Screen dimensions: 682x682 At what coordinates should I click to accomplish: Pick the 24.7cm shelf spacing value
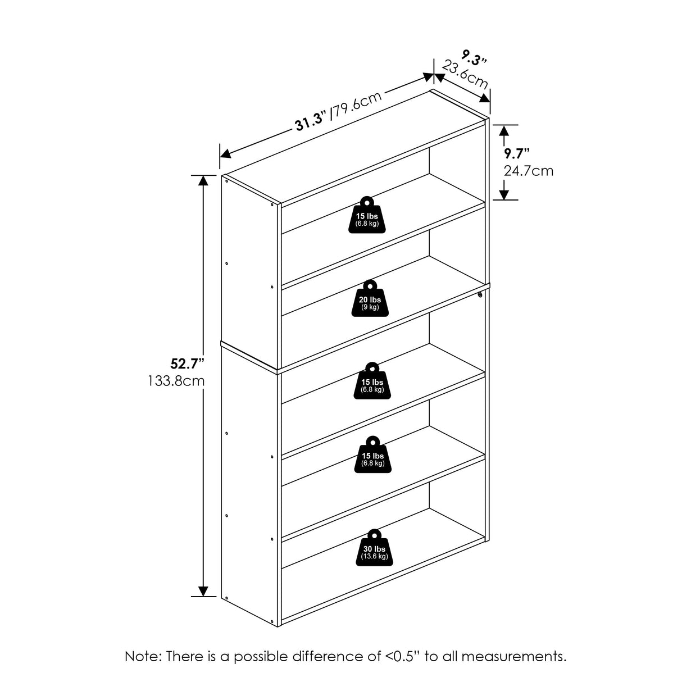[528, 170]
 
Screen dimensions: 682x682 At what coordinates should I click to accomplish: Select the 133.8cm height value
[176, 381]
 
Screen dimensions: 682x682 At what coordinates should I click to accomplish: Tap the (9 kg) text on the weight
[370, 307]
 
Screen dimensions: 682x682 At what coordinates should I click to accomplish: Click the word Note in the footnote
[142, 656]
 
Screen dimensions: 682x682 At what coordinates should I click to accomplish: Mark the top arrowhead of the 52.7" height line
[203, 180]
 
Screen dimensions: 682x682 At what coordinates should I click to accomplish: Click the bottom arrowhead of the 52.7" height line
[203, 591]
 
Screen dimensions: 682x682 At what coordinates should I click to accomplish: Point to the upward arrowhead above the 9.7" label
[504, 131]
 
